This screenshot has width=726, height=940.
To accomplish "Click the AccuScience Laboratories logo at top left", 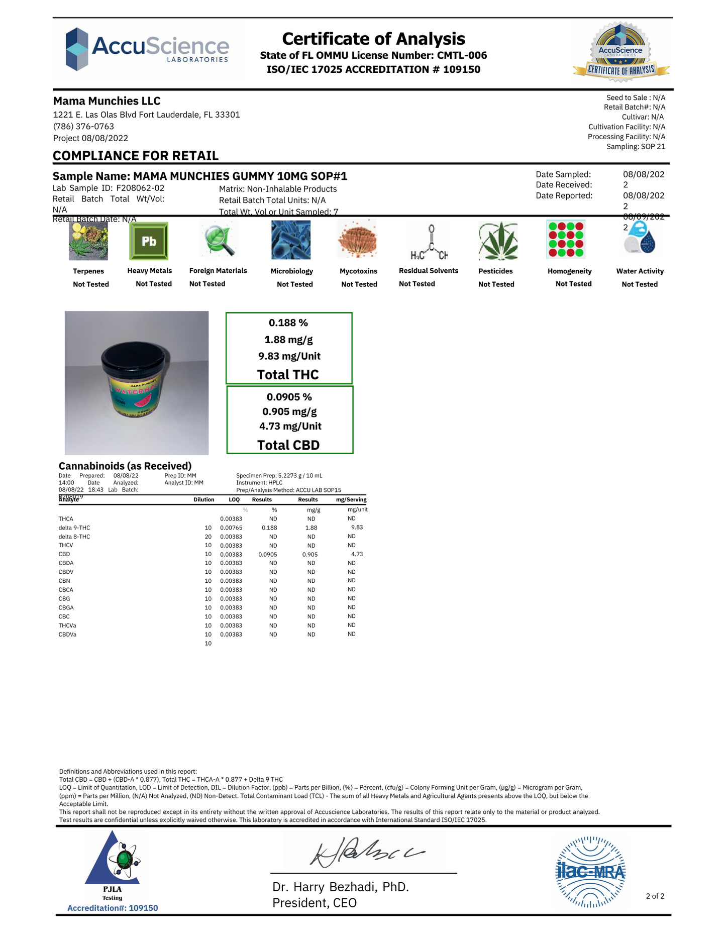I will point(147,49).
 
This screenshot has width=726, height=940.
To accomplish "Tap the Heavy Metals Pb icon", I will point(149,241).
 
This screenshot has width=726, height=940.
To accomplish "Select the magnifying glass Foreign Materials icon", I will point(218,240).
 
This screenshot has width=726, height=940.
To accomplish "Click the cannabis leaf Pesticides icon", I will point(497,241).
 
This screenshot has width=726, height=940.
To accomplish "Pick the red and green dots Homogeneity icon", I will point(566,240).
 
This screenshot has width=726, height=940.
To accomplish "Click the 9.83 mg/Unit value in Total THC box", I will point(289,356).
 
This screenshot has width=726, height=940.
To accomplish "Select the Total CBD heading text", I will point(288,445).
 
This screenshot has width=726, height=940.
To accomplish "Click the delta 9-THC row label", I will point(74,528).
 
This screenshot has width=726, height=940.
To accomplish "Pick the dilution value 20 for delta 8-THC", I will point(208,537).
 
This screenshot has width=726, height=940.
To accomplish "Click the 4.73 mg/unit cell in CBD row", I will point(357,554).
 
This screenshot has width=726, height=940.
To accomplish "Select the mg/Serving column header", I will point(351,500).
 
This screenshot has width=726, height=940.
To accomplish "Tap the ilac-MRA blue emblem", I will point(591,872).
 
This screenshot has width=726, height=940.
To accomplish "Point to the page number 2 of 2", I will point(655,896).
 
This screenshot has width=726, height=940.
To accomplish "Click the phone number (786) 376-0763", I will point(83,127).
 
